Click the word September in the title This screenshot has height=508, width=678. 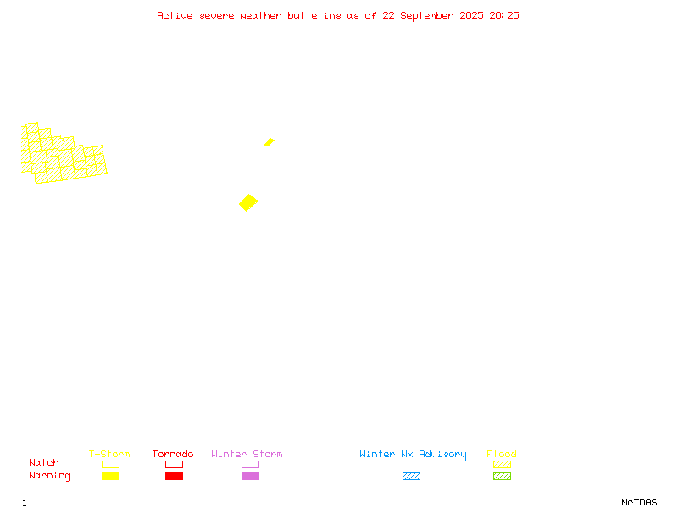pyautogui.click(x=427, y=16)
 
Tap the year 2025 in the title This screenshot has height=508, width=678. pyautogui.click(x=471, y=15)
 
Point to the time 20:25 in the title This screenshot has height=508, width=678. pyautogui.click(x=504, y=15)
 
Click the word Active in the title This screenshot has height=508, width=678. pyautogui.click(x=175, y=15)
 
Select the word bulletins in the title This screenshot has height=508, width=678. pyautogui.click(x=314, y=15)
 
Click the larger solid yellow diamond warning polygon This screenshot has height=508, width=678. pyautogui.click(x=248, y=202)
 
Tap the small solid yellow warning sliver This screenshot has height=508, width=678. pyautogui.click(x=270, y=142)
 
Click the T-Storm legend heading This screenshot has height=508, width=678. pyautogui.click(x=109, y=454)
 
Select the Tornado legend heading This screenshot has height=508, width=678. pyautogui.click(x=173, y=454)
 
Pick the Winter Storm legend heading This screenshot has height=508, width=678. pyautogui.click(x=247, y=454)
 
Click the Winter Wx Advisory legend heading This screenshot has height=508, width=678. pyautogui.click(x=413, y=455)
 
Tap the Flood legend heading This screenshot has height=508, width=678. pyautogui.click(x=502, y=454)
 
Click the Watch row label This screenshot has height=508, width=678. pyautogui.click(x=44, y=462)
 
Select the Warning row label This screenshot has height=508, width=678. pyautogui.click(x=50, y=476)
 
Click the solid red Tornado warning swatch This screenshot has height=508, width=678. pyautogui.click(x=175, y=476)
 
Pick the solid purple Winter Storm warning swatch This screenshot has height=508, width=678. pyautogui.click(x=250, y=476)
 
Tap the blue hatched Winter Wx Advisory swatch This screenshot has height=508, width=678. pyautogui.click(x=411, y=476)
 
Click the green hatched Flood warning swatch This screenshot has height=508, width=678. pyautogui.click(x=502, y=476)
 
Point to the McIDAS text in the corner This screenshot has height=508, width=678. pyautogui.click(x=639, y=502)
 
